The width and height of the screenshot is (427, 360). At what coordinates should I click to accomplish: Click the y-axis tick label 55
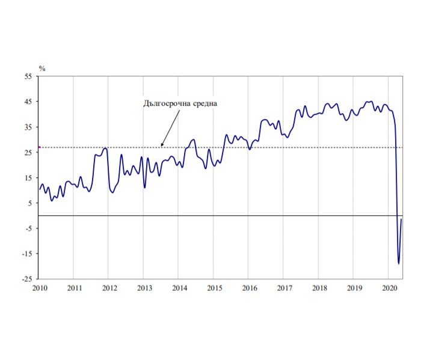point(28,77)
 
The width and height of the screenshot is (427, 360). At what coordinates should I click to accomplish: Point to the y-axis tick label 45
point(28,102)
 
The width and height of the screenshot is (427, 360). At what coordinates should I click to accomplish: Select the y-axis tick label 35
point(28,127)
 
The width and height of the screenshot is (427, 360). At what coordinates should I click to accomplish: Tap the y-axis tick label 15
point(28,178)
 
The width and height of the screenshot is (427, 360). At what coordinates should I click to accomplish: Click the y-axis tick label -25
point(27,279)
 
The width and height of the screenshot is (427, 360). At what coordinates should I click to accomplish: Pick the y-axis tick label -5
point(28,228)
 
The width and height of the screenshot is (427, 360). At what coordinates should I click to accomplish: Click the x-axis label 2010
point(39,288)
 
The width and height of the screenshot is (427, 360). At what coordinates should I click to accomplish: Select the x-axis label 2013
point(144,288)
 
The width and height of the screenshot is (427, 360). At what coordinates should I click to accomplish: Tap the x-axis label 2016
point(250,288)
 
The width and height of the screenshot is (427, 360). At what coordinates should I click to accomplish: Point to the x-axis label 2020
point(389,288)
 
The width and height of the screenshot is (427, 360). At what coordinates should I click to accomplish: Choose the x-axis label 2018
point(319,288)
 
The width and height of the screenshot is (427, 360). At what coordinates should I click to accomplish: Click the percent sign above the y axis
point(42,69)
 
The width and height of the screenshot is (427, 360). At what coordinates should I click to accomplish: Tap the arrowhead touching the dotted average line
point(162,145)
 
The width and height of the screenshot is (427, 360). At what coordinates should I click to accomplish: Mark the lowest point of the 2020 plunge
point(399,263)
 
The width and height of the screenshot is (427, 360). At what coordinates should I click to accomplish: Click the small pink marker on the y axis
point(39,147)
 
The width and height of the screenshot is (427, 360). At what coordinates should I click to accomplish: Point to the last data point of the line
point(402,219)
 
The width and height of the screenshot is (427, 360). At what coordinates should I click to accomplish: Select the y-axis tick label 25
point(28,153)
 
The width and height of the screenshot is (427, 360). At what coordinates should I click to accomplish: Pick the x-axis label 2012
point(109,288)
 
